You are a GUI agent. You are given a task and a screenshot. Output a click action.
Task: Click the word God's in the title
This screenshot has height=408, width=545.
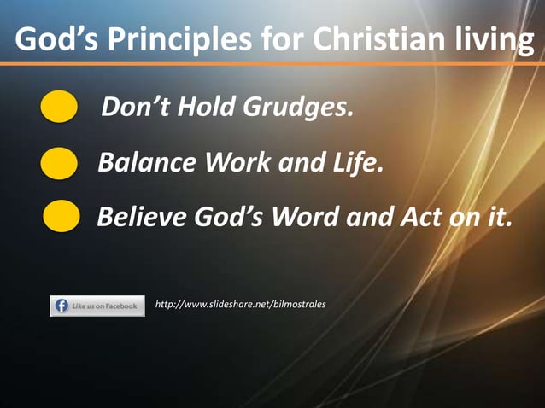click(49, 39)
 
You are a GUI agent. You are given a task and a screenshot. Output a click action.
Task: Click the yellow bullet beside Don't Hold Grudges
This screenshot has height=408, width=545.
click(60, 109)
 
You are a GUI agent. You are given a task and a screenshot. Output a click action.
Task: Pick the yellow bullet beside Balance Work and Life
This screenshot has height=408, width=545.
click(59, 163)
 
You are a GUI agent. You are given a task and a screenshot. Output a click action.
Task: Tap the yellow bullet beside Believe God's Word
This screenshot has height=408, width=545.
click(62, 217)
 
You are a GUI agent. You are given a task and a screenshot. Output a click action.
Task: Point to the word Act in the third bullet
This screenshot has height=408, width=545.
click(419, 217)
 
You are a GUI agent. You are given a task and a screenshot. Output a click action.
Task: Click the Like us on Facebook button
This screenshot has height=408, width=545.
click(97, 306)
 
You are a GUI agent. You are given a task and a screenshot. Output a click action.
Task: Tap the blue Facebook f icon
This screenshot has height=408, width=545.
click(62, 306)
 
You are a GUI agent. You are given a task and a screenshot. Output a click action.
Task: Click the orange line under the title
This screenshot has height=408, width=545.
click(272, 64)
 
